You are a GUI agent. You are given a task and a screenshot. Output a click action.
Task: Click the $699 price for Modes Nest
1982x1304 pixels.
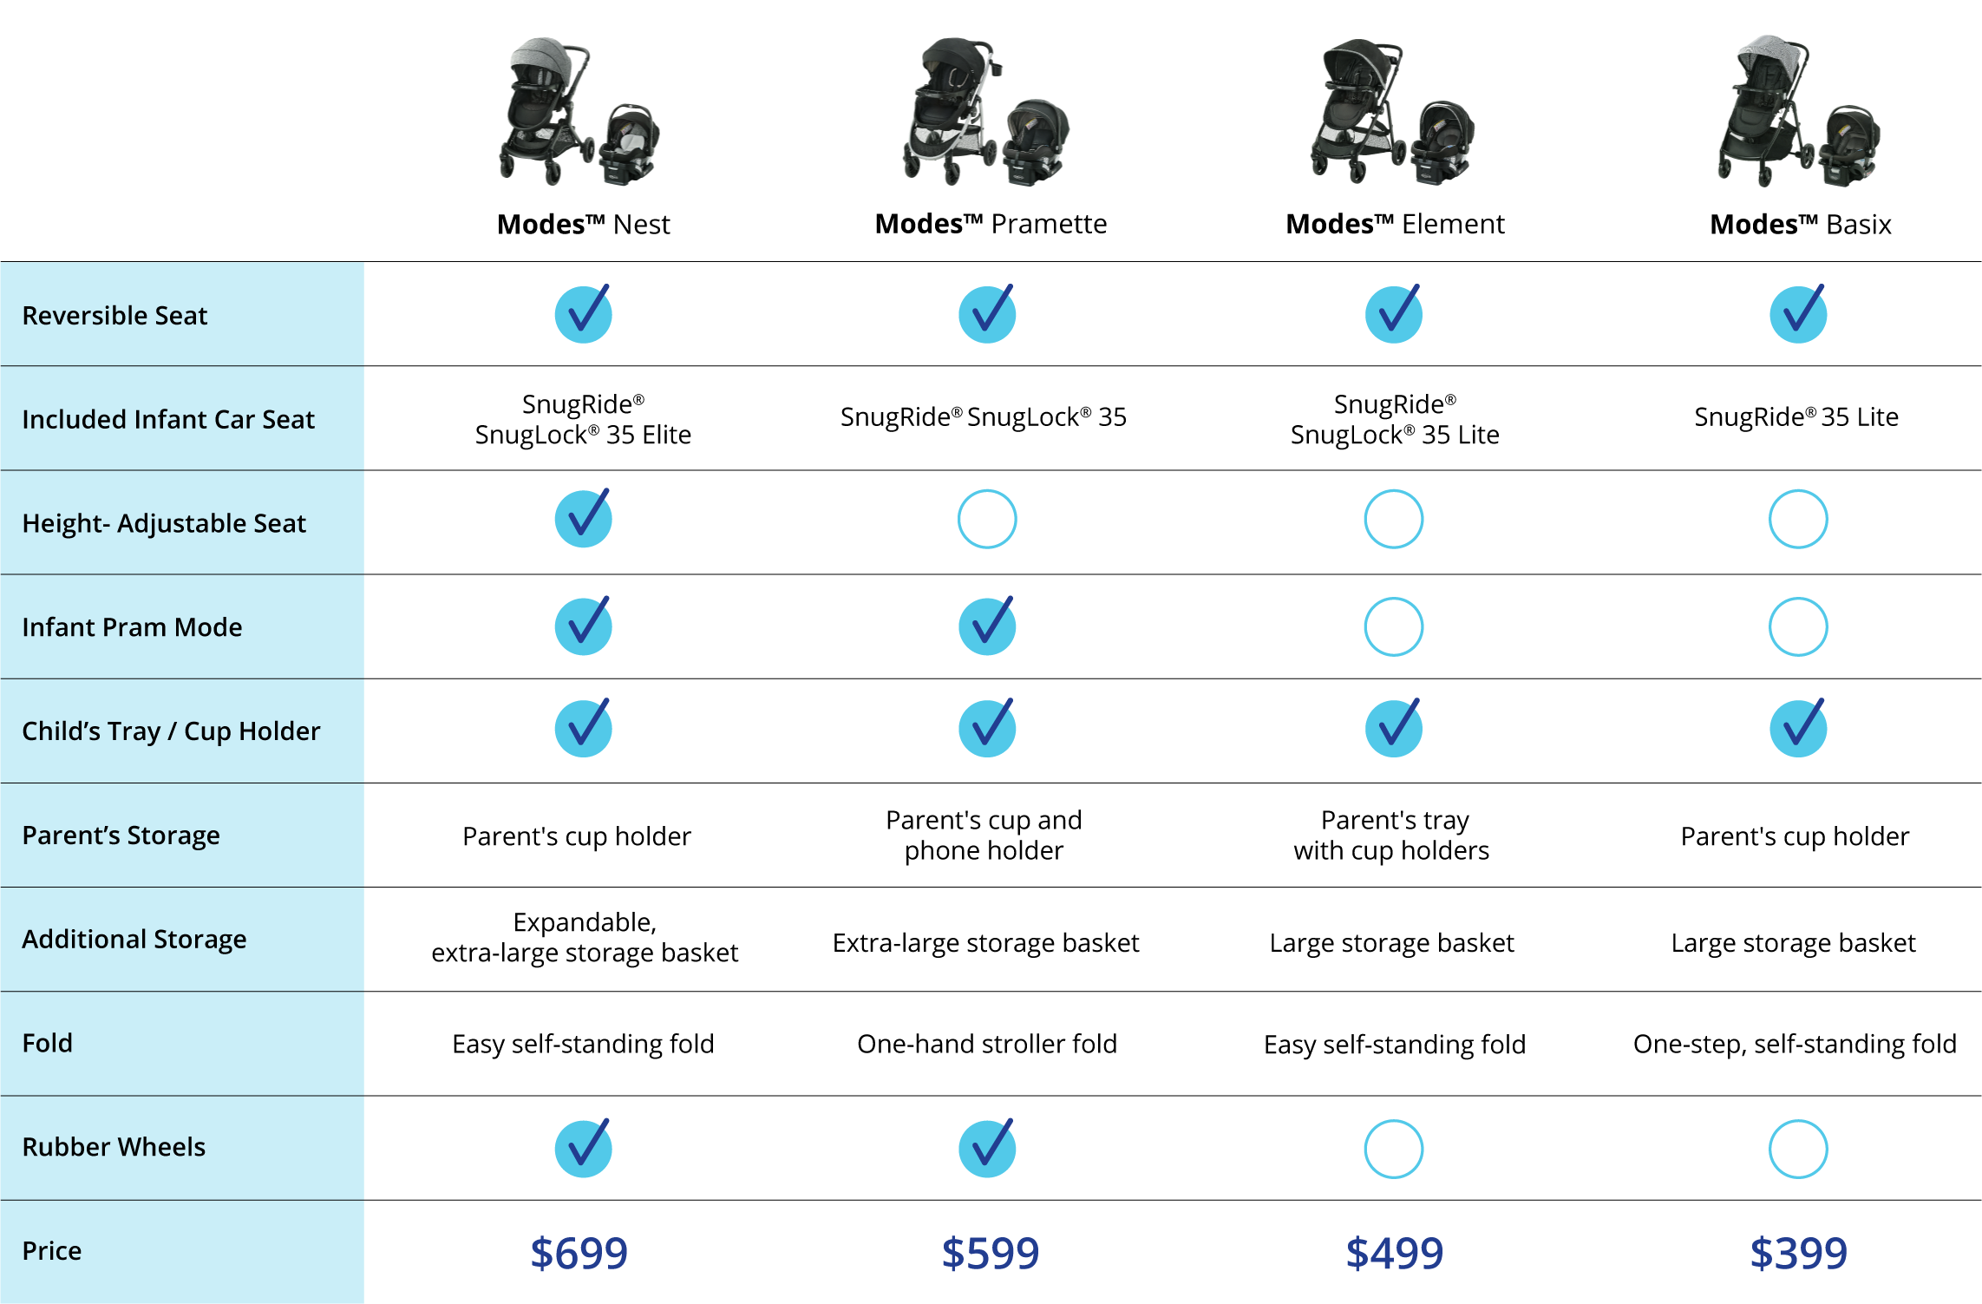579,1253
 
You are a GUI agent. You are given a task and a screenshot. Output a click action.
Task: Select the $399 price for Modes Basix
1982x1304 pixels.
1798,1253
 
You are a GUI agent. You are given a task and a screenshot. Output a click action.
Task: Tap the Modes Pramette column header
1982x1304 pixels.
991,224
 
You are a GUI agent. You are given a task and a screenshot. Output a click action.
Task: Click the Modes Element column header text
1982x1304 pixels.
1395,224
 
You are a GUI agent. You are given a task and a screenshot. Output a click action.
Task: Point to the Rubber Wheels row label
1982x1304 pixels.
114,1147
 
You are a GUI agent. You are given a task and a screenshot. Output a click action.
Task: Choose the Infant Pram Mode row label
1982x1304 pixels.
132,627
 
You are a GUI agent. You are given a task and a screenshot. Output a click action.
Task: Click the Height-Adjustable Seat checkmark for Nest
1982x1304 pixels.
584,518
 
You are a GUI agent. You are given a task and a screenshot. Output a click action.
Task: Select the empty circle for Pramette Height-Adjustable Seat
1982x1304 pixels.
987,547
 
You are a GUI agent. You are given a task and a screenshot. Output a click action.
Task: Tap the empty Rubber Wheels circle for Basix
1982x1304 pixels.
1798,1177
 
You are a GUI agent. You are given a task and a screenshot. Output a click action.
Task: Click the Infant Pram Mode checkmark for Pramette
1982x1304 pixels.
987,626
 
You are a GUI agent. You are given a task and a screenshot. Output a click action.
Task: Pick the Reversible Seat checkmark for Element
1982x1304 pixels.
1394,313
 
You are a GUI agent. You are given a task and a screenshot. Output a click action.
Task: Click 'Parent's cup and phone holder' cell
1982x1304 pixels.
984,835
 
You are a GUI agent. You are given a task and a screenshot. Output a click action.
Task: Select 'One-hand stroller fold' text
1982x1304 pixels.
987,1044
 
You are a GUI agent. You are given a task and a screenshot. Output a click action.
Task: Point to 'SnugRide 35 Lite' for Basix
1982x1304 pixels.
1796,417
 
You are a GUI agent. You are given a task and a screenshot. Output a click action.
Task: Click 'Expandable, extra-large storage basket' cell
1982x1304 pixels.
585,938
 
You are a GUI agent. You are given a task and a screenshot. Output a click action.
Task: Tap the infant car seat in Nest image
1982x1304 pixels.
628,143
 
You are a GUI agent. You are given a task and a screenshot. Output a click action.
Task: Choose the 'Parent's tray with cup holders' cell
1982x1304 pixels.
1391,835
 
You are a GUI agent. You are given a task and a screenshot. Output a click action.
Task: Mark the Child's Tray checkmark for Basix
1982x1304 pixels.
1798,728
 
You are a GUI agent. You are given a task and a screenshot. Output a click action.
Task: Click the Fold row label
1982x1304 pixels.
48,1043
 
